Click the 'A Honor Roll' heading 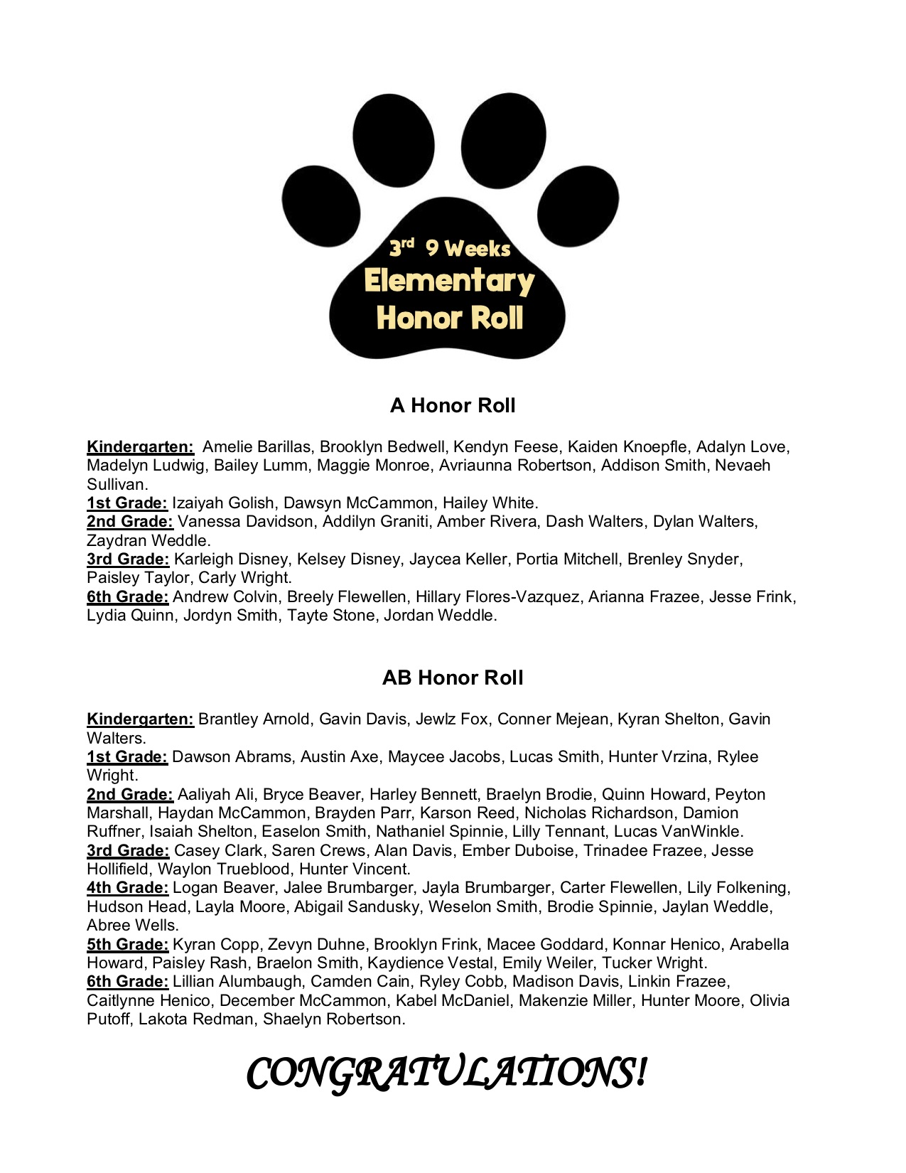tap(453, 405)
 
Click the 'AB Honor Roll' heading tap(453, 677)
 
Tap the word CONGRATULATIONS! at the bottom tap(447, 1073)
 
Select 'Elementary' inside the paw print tap(448, 281)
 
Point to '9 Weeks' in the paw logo tap(468, 249)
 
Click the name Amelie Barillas tap(257, 446)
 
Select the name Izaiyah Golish tap(223, 503)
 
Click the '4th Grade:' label tap(128, 887)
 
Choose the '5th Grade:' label tap(128, 944)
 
